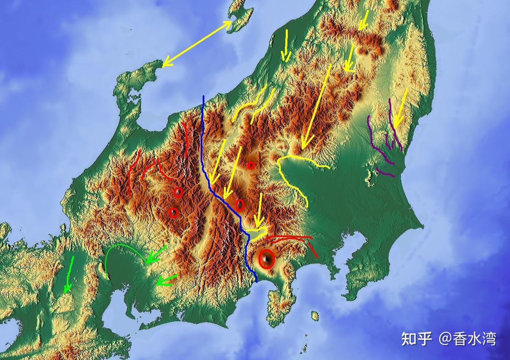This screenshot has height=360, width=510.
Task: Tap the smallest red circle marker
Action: click(251, 165)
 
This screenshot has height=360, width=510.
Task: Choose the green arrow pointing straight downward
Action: click(69, 275)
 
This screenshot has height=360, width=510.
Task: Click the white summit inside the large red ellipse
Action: click(266, 259)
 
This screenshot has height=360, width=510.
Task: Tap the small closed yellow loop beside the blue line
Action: click(259, 233)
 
